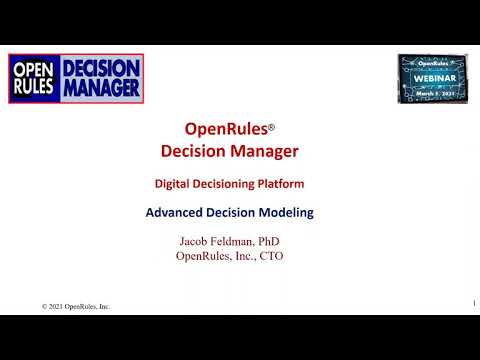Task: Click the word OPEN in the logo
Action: pyautogui.click(x=37, y=70)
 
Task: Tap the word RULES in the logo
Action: pyautogui.click(x=37, y=88)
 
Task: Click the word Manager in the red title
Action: pyautogui.click(x=262, y=151)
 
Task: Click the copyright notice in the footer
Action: pyautogui.click(x=76, y=306)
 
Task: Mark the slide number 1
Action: pyautogui.click(x=472, y=302)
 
